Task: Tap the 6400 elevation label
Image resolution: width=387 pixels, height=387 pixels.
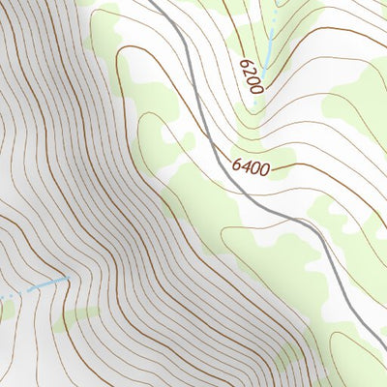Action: tap(250, 166)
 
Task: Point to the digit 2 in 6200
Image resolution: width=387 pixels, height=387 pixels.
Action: tap(249, 71)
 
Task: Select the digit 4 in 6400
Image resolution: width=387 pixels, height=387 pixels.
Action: tap(243, 165)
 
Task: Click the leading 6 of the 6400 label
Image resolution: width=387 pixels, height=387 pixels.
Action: tap(236, 164)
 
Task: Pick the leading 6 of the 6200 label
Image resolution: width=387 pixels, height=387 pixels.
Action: tap(245, 63)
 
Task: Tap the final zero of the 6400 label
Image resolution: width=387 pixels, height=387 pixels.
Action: tap(263, 168)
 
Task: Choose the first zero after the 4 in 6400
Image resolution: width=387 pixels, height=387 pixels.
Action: tap(253, 167)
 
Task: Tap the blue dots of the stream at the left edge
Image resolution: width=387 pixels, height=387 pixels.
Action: tap(10, 294)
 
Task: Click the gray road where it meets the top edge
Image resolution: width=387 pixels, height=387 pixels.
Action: tap(153, 3)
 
